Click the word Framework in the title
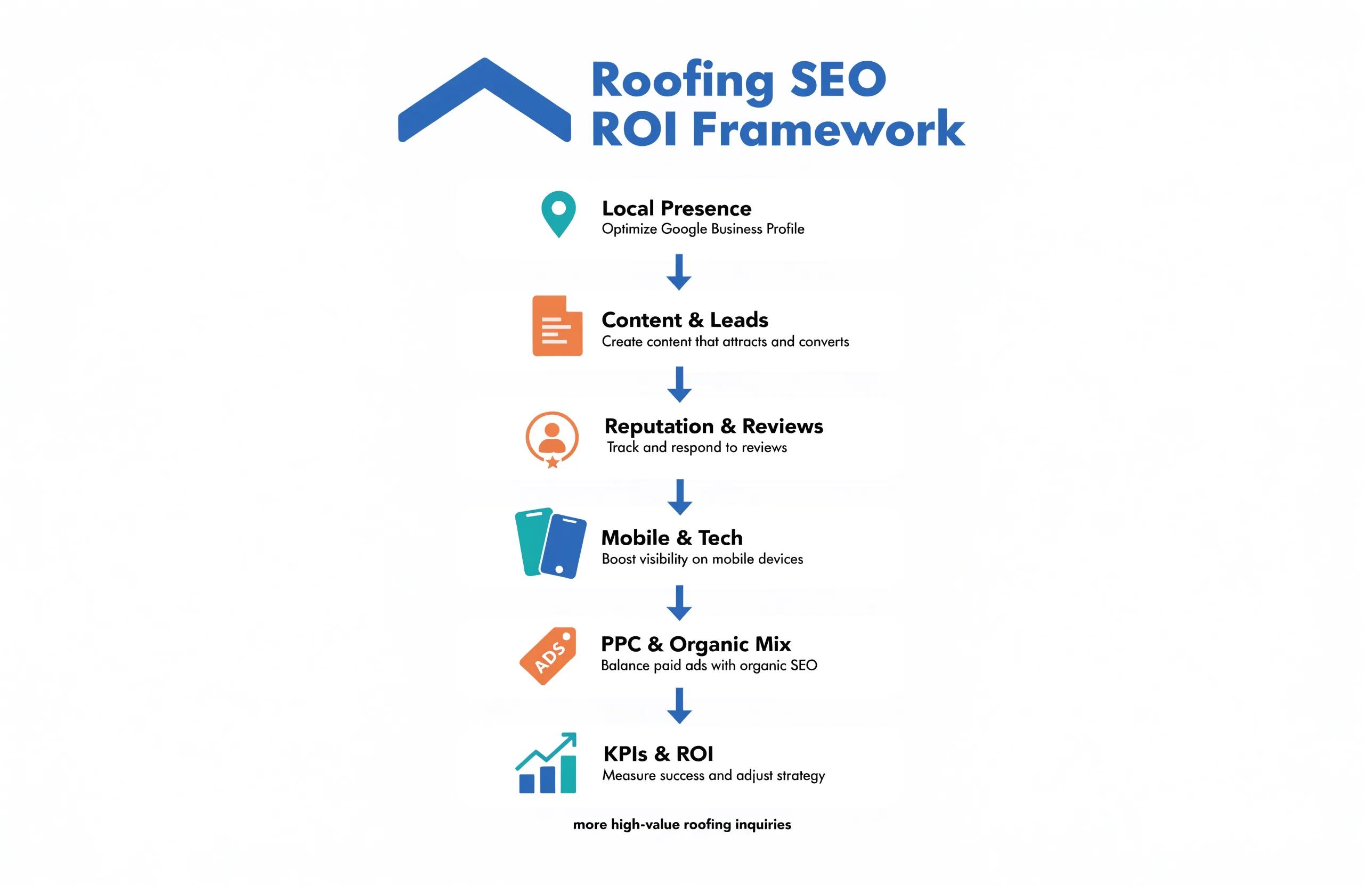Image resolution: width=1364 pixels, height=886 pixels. (829, 129)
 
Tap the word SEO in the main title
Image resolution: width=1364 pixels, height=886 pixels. (838, 80)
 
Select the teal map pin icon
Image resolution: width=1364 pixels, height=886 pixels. (558, 214)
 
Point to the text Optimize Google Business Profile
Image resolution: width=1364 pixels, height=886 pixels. (703, 229)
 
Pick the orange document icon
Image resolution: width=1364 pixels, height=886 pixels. (557, 326)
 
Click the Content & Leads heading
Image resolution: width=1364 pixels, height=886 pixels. (685, 319)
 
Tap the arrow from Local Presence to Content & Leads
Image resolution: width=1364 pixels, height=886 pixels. (679, 272)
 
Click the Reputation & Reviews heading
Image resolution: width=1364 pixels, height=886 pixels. (713, 426)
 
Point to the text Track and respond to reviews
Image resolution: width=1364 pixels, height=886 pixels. (697, 447)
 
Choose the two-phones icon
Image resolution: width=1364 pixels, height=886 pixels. (551, 543)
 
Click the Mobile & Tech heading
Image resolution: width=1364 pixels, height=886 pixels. (672, 538)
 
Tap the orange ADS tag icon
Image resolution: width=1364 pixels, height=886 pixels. (548, 656)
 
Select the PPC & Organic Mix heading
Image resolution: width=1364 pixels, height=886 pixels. (696, 644)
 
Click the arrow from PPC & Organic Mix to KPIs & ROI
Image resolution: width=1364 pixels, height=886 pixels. (679, 705)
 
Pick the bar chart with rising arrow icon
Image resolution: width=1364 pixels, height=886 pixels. (546, 763)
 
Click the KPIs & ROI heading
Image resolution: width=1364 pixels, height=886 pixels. (659, 754)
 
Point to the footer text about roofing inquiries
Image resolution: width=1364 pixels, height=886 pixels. (682, 824)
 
